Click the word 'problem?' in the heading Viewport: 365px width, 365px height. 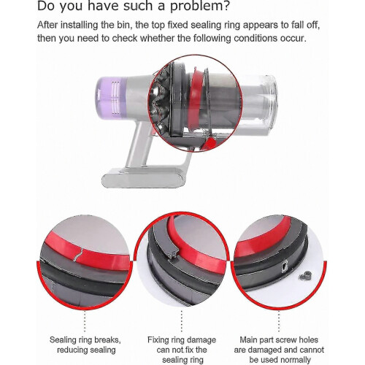tap(199, 7)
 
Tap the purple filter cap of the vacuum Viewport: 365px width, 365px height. tap(111, 97)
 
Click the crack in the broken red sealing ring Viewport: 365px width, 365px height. tap(78, 255)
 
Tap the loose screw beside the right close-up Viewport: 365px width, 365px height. tap(306, 275)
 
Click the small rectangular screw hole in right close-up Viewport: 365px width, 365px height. tap(284, 265)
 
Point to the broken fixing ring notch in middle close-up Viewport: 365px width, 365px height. tap(173, 253)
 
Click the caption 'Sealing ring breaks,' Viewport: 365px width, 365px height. tap(85, 339)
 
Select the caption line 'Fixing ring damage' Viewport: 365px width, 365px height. tap(182, 339)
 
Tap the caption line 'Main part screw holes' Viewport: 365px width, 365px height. tap(279, 339)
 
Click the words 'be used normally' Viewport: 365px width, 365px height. tap(280, 360)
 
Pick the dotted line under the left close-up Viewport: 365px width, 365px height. tap(85, 321)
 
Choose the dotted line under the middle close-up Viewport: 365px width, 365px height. tap(182, 321)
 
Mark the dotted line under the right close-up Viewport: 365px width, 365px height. tap(279, 321)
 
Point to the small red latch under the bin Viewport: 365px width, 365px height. tap(209, 143)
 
